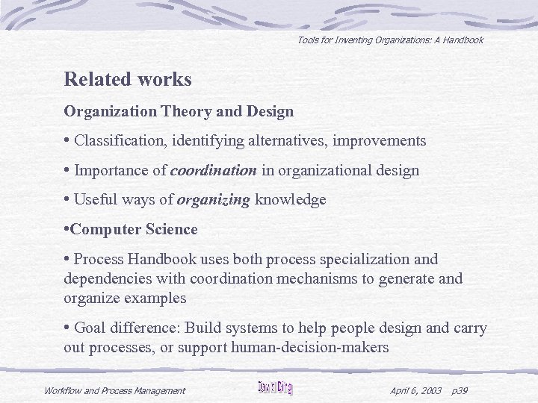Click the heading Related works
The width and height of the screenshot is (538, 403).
point(128,79)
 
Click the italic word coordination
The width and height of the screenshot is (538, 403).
point(214,170)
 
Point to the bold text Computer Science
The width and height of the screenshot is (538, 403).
point(134,230)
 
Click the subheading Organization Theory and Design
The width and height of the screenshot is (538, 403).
point(179,112)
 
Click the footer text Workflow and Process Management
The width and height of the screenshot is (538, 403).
point(114,390)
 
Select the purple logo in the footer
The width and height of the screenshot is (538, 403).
point(275,388)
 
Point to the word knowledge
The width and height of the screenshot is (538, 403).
point(291,200)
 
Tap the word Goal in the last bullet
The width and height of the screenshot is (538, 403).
point(90,328)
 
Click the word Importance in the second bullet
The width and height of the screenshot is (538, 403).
point(111,170)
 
